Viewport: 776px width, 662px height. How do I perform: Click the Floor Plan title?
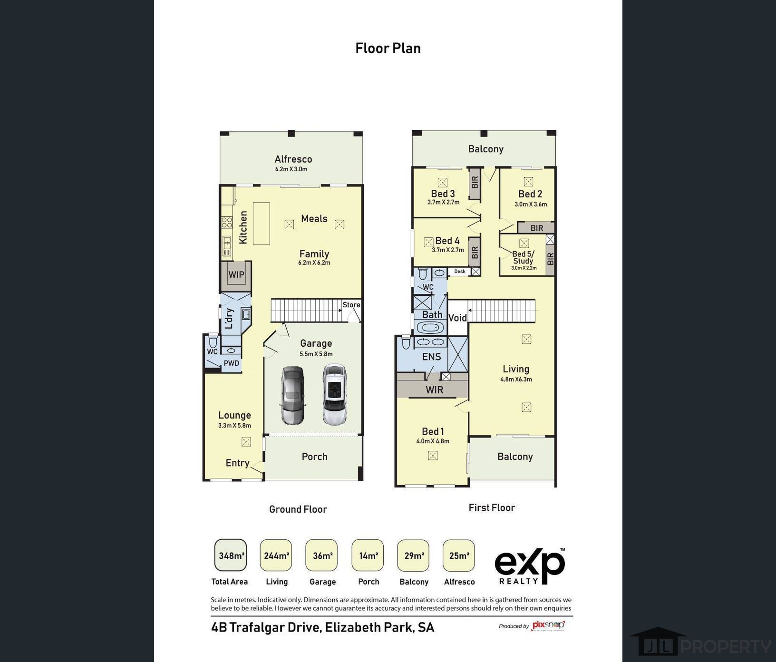[388, 49]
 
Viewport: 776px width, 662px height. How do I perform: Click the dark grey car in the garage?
[293, 395]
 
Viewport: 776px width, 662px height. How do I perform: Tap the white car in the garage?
[335, 394]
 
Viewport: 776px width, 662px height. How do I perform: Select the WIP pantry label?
[236, 275]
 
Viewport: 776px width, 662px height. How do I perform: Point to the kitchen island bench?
[261, 224]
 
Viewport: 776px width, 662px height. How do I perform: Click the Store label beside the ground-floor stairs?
[351, 305]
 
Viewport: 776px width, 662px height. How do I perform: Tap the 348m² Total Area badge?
[231, 555]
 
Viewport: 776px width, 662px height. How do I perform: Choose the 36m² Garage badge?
[322, 555]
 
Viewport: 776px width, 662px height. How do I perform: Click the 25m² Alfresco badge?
[459, 555]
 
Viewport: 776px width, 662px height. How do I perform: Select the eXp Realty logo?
[530, 566]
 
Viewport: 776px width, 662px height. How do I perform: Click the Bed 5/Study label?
[523, 257]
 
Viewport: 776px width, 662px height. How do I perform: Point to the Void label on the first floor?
[457, 318]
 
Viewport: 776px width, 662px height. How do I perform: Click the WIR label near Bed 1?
[434, 390]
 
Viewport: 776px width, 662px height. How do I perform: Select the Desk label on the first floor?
[460, 272]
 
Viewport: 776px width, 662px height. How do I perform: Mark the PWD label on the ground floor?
[232, 363]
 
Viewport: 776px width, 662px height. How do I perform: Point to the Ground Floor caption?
[298, 509]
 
